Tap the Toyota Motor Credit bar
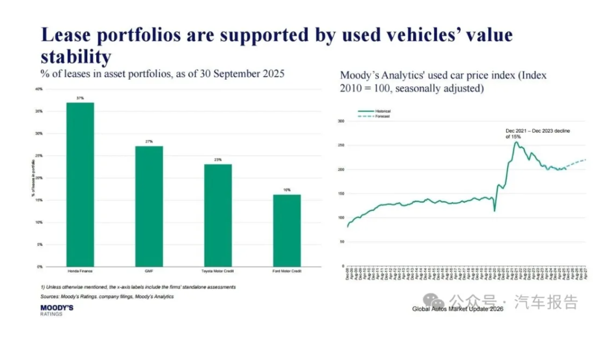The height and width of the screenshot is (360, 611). click(218, 215)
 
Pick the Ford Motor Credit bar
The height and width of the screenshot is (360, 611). click(287, 230)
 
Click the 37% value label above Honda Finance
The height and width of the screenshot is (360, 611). click(80, 98)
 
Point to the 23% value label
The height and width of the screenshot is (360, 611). click(218, 160)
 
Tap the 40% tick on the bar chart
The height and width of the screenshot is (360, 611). click(39, 89)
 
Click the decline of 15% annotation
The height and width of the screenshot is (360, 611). click(537, 134)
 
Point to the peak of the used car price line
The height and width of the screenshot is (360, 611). click(515, 142)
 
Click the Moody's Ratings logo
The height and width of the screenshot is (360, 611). click(57, 310)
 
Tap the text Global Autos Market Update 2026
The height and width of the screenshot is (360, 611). click(457, 309)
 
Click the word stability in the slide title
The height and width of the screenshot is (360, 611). click(75, 56)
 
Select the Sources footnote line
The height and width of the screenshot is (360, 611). click(107, 297)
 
